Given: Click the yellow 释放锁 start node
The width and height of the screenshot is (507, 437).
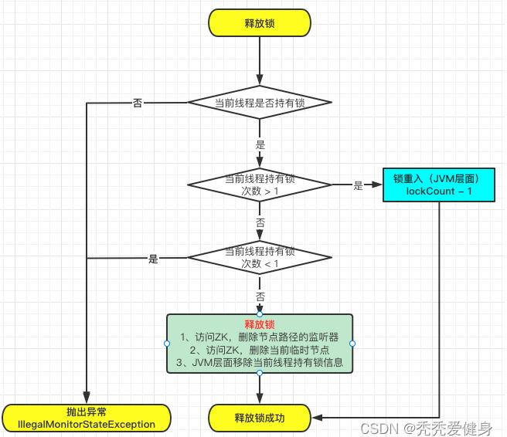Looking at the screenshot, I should click(260, 22).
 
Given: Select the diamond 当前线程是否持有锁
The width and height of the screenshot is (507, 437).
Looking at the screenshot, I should click(260, 103).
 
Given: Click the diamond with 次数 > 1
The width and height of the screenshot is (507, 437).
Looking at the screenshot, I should click(260, 184).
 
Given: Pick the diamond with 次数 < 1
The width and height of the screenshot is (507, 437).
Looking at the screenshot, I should click(260, 258).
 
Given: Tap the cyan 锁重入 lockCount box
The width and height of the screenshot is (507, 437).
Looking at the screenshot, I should click(437, 184).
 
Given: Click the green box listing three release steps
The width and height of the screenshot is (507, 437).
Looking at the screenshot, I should click(260, 343).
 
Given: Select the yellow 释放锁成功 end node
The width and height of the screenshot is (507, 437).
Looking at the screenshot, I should click(260, 418).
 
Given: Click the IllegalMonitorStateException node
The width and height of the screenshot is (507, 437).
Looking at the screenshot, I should click(87, 418).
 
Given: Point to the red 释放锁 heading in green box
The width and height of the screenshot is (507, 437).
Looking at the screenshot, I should click(260, 324).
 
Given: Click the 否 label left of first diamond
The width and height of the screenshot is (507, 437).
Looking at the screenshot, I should click(137, 103).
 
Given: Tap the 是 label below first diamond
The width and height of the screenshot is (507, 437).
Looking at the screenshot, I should click(260, 144).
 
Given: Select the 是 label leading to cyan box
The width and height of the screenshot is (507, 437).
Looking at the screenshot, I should click(358, 185).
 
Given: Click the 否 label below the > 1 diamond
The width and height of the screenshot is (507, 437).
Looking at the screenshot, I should click(260, 222).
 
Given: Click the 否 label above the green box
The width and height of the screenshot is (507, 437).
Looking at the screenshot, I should click(260, 296).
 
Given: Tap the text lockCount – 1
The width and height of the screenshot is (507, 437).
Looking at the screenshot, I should click(437, 190).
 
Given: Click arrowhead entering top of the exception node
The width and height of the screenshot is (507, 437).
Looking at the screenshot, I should click(87, 398).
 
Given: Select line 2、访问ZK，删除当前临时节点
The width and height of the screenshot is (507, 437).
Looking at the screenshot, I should click(260, 350).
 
